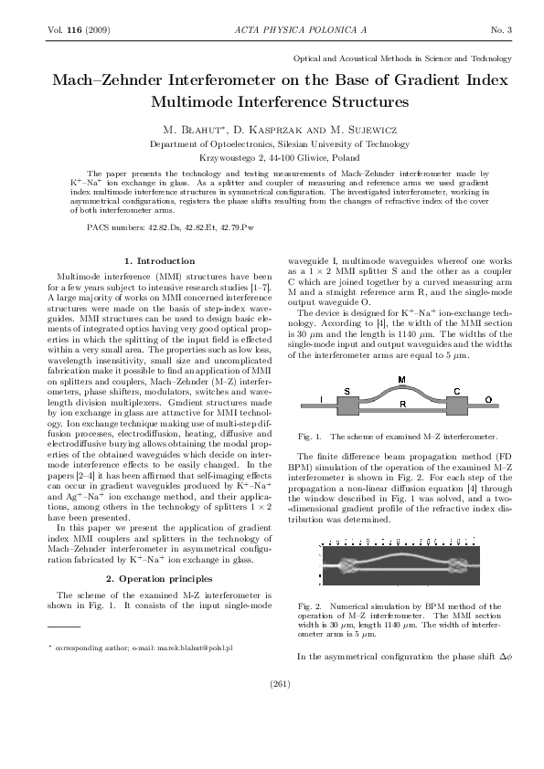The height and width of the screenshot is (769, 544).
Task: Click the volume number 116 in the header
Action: (69, 30)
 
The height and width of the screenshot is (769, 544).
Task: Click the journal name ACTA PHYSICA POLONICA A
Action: (272, 30)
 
